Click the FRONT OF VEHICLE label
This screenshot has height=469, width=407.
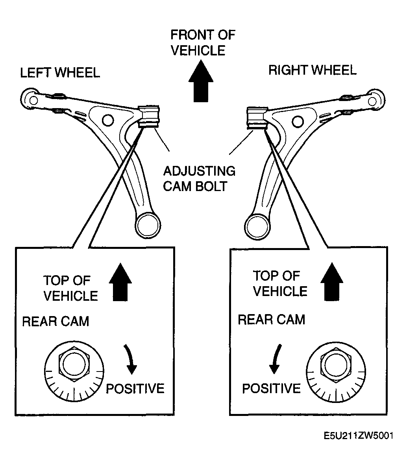[203, 42]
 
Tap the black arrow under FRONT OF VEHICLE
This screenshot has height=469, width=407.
[201, 81]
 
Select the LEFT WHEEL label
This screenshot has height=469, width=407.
[60, 73]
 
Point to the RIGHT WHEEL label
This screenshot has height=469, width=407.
[313, 70]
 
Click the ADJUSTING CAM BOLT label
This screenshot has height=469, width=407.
[199, 178]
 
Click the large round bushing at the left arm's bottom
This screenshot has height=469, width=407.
[148, 225]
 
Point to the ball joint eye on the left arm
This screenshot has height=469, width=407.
[31, 99]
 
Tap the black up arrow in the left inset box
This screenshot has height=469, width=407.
[120, 282]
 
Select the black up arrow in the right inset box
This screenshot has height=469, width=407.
[332, 282]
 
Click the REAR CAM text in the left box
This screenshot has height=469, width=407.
[56, 322]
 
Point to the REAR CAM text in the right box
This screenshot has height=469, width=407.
[272, 320]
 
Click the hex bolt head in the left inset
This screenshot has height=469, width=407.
[74, 364]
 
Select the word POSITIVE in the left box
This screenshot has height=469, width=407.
[135, 388]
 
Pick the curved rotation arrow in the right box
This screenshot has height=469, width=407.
[276, 359]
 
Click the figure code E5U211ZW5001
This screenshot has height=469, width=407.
[359, 436]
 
